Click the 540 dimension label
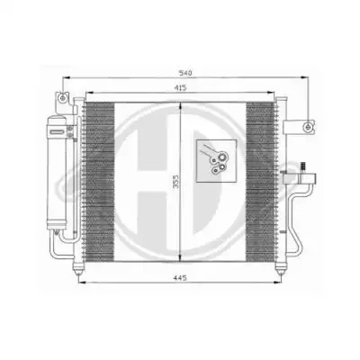185,73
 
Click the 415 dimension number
180,87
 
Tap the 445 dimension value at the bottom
180,278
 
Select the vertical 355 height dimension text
176,182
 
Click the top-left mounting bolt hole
62,98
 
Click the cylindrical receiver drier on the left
56,173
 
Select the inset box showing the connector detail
216,161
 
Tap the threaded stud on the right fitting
303,167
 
